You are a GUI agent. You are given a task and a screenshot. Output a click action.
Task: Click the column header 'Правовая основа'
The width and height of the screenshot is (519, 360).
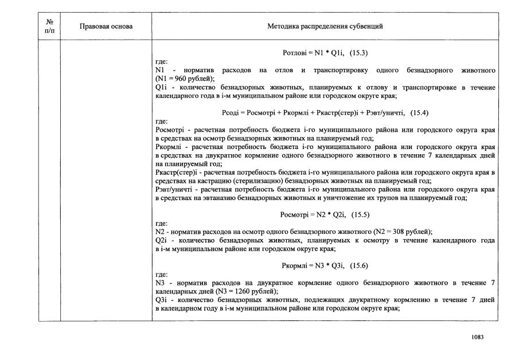pyautogui.click(x=106, y=26)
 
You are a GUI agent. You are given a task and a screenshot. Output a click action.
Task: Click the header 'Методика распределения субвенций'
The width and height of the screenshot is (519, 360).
pyautogui.click(x=325, y=26)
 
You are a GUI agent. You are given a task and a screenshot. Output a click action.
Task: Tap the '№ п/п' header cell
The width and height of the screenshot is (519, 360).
pyautogui.click(x=49, y=26)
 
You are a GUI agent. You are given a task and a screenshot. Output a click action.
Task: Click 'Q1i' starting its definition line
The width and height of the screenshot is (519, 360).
pyautogui.click(x=161, y=87)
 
